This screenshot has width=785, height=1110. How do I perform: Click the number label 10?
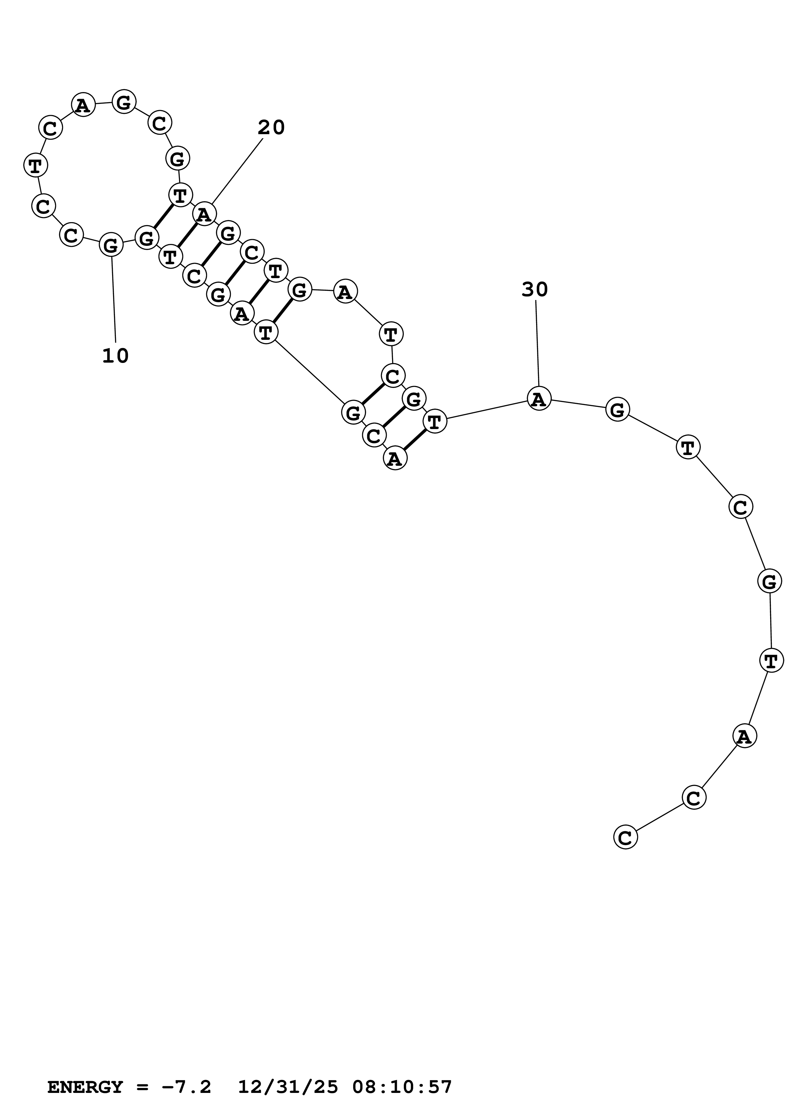115,356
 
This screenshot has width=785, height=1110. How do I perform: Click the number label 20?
271,128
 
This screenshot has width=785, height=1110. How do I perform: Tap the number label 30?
535,290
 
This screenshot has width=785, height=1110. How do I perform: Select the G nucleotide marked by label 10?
111,246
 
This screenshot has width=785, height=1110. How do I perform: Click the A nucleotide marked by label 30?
538,399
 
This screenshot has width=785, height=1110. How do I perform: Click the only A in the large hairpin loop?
83,104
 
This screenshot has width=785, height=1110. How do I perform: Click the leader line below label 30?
537,343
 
